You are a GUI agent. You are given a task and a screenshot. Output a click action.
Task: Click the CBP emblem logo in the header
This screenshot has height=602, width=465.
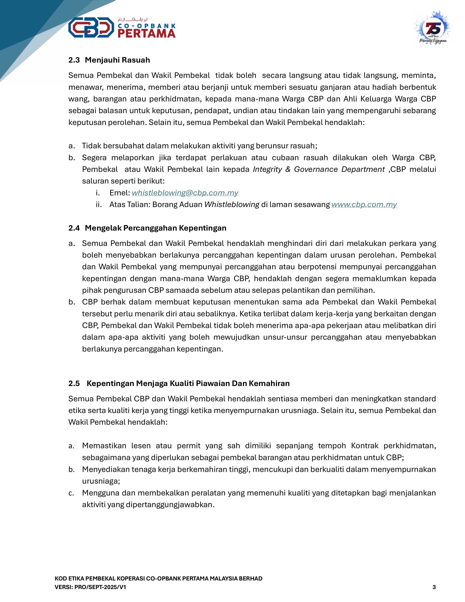(91, 28)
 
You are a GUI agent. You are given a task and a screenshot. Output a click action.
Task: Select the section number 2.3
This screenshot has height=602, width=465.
(74, 60)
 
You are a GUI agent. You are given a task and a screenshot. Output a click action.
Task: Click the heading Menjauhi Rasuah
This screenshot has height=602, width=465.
(117, 60)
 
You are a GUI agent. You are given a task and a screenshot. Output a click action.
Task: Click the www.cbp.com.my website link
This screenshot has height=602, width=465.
(364, 204)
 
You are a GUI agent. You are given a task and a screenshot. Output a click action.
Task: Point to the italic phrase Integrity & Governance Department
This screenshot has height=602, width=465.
(319, 169)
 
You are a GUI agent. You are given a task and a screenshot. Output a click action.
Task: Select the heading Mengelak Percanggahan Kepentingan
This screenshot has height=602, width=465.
(156, 228)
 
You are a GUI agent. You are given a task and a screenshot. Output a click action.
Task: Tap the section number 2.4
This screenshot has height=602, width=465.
(74, 228)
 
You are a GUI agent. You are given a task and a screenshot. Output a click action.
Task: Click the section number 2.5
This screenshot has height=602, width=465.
(74, 383)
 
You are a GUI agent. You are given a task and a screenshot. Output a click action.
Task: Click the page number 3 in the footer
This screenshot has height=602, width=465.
(434, 587)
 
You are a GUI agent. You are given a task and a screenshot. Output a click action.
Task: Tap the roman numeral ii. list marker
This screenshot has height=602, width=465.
(99, 204)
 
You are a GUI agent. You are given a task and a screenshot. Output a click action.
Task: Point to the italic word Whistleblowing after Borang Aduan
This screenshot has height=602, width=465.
(232, 204)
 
